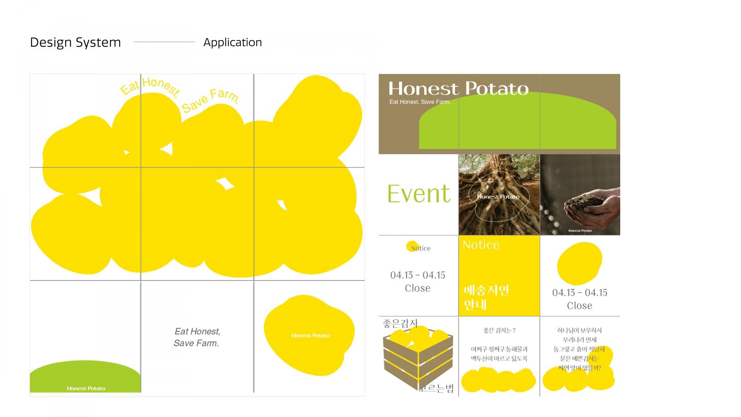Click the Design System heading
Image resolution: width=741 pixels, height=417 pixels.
tap(75, 42)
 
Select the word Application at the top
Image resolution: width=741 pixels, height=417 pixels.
tap(232, 42)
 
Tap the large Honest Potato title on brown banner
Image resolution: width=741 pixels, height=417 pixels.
tap(458, 88)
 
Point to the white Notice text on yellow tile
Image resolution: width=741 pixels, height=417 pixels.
tap(481, 245)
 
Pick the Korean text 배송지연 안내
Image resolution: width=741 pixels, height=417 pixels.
tap(486, 297)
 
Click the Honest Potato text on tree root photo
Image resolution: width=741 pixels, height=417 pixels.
tap(498, 197)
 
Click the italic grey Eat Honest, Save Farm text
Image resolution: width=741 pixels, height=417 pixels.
tap(197, 337)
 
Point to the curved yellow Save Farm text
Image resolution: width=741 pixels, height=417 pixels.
tap(211, 100)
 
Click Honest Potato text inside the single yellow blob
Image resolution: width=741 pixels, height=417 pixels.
tap(311, 336)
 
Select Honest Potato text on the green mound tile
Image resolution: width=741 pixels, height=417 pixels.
tap(86, 388)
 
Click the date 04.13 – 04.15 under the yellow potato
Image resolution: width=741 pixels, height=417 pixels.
tap(579, 293)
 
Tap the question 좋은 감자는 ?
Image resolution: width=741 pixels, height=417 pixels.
tap(499, 331)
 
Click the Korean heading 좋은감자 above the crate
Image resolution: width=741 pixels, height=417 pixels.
tap(400, 323)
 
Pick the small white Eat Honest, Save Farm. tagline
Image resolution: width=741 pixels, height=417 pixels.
tap(420, 102)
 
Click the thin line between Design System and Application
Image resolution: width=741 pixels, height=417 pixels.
tap(164, 42)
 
